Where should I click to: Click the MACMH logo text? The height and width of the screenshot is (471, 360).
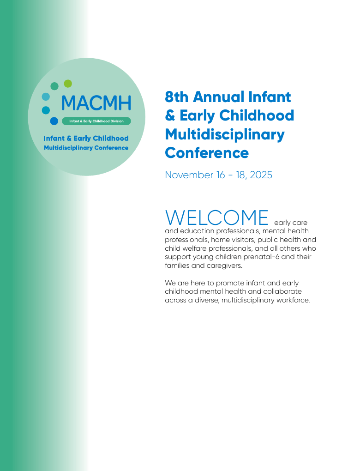pos(96,103)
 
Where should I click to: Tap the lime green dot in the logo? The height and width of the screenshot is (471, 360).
pos(68,84)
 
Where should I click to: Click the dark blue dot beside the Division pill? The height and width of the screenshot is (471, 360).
pos(54,121)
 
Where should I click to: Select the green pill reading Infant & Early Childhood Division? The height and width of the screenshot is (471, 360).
pos(96,121)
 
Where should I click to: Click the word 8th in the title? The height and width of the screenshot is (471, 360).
pos(177,97)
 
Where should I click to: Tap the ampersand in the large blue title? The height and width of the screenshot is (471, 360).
pos(170,115)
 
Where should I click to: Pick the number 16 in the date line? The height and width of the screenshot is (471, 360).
pos(221,175)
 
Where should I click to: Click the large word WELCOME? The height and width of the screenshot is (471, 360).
pos(217,217)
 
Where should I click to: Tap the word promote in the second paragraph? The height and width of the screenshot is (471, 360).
pos(230,283)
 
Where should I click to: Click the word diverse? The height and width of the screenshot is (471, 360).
pos(207,300)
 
